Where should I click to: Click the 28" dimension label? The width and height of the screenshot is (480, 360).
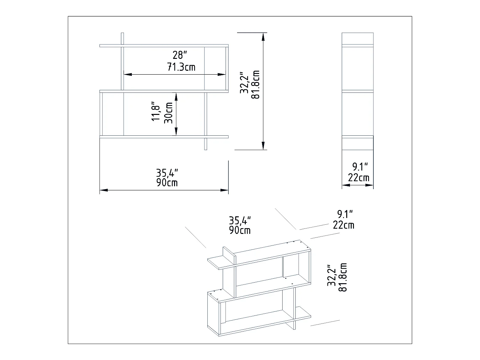pyautogui.click(x=180, y=55)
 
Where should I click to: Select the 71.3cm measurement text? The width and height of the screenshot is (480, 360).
pyautogui.click(x=181, y=67)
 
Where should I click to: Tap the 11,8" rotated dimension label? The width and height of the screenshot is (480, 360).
pyautogui.click(x=156, y=112)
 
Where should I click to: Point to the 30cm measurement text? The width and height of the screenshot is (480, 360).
pyautogui.click(x=168, y=113)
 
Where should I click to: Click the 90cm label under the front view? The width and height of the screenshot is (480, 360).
pyautogui.click(x=167, y=183)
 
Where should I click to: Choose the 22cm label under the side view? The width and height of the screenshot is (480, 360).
pyautogui.click(x=359, y=177)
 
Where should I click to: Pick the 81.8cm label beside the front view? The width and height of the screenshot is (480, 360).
pyautogui.click(x=256, y=84)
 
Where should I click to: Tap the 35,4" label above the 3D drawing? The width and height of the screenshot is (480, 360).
pyautogui.click(x=240, y=220)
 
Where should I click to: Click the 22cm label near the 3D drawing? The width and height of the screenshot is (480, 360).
pyautogui.click(x=344, y=225)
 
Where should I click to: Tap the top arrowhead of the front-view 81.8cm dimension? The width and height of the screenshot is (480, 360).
pyautogui.click(x=263, y=36)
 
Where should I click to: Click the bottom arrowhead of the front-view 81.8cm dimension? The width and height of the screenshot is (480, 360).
pyautogui.click(x=263, y=146)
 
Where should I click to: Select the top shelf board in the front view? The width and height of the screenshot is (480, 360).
pyautogui.click(x=164, y=46)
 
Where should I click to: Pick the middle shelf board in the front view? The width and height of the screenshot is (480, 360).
pyautogui.click(x=164, y=91)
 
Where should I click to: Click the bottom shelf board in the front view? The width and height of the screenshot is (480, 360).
pyautogui.click(x=164, y=137)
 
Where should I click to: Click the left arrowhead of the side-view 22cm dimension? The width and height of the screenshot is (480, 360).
pyautogui.click(x=345, y=185)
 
